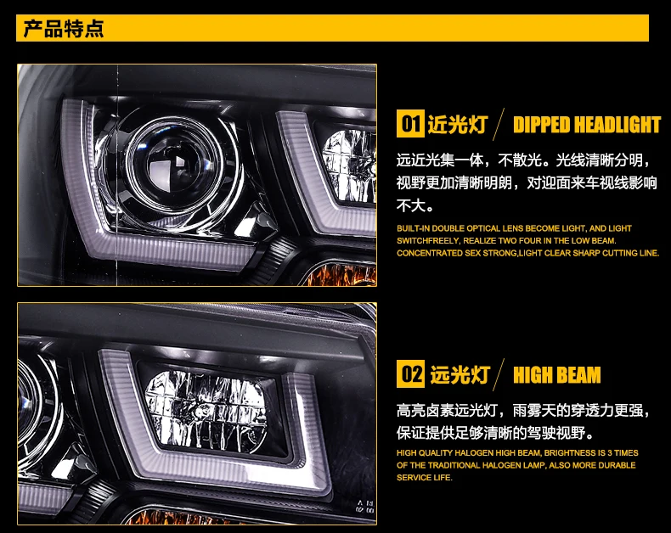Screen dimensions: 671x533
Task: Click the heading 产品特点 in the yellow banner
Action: coord(64,29)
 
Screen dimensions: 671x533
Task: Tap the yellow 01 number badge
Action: coord(410,124)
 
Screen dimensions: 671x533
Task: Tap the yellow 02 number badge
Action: coord(410,374)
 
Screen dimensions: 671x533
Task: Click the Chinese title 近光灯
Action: coord(458,125)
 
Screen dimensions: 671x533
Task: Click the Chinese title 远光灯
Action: coord(460,375)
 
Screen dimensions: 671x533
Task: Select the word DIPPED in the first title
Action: coord(541,125)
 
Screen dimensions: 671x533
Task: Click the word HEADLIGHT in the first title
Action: coord(617,125)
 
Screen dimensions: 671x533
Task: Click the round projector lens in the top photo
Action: coord(174,163)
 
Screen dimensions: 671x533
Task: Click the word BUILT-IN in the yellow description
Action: coord(413,228)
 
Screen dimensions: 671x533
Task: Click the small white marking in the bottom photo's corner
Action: coord(364,507)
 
